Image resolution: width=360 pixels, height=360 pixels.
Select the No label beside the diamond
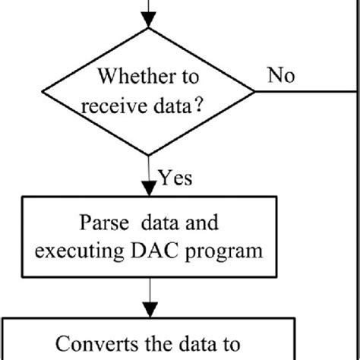click(282, 75)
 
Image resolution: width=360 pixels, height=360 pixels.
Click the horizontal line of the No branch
click(304, 91)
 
